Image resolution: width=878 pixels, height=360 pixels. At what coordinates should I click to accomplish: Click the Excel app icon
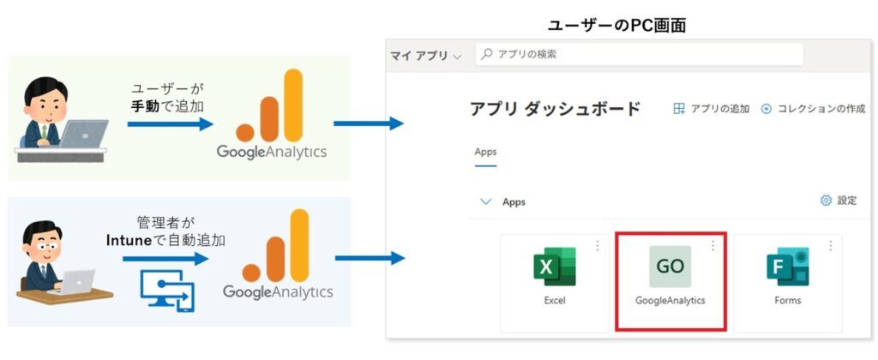(x=555, y=267)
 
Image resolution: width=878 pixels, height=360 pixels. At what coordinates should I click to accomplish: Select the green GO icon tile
(x=670, y=267)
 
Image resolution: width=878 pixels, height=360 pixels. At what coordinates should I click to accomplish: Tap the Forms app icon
(x=787, y=267)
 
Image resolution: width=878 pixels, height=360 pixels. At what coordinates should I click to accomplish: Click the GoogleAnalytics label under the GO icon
(x=670, y=301)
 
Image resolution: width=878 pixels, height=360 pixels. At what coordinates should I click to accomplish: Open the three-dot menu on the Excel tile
(x=597, y=245)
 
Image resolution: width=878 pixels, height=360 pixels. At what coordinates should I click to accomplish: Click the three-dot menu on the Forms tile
(x=830, y=245)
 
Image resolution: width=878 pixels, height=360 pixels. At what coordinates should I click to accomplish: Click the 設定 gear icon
(x=826, y=201)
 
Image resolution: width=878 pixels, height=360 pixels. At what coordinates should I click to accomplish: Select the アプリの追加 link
(x=711, y=109)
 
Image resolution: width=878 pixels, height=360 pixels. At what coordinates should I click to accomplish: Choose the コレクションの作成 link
(x=814, y=109)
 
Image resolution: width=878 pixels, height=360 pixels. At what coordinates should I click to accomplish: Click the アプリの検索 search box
(x=639, y=54)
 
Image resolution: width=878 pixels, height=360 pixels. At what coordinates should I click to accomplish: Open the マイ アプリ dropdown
(x=426, y=56)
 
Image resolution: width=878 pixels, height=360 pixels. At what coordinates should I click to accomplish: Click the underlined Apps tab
(x=485, y=152)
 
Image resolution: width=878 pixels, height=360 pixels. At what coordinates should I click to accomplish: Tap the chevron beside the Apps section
(x=486, y=201)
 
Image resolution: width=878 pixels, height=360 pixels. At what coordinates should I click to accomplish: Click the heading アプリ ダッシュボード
(x=555, y=109)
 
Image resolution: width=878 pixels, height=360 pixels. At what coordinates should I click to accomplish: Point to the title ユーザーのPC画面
(x=616, y=26)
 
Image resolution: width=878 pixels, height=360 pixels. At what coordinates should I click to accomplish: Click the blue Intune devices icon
(x=166, y=291)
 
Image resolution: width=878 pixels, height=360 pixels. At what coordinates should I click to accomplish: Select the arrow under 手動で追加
(x=171, y=123)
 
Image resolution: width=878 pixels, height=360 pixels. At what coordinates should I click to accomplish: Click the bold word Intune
(x=129, y=241)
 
